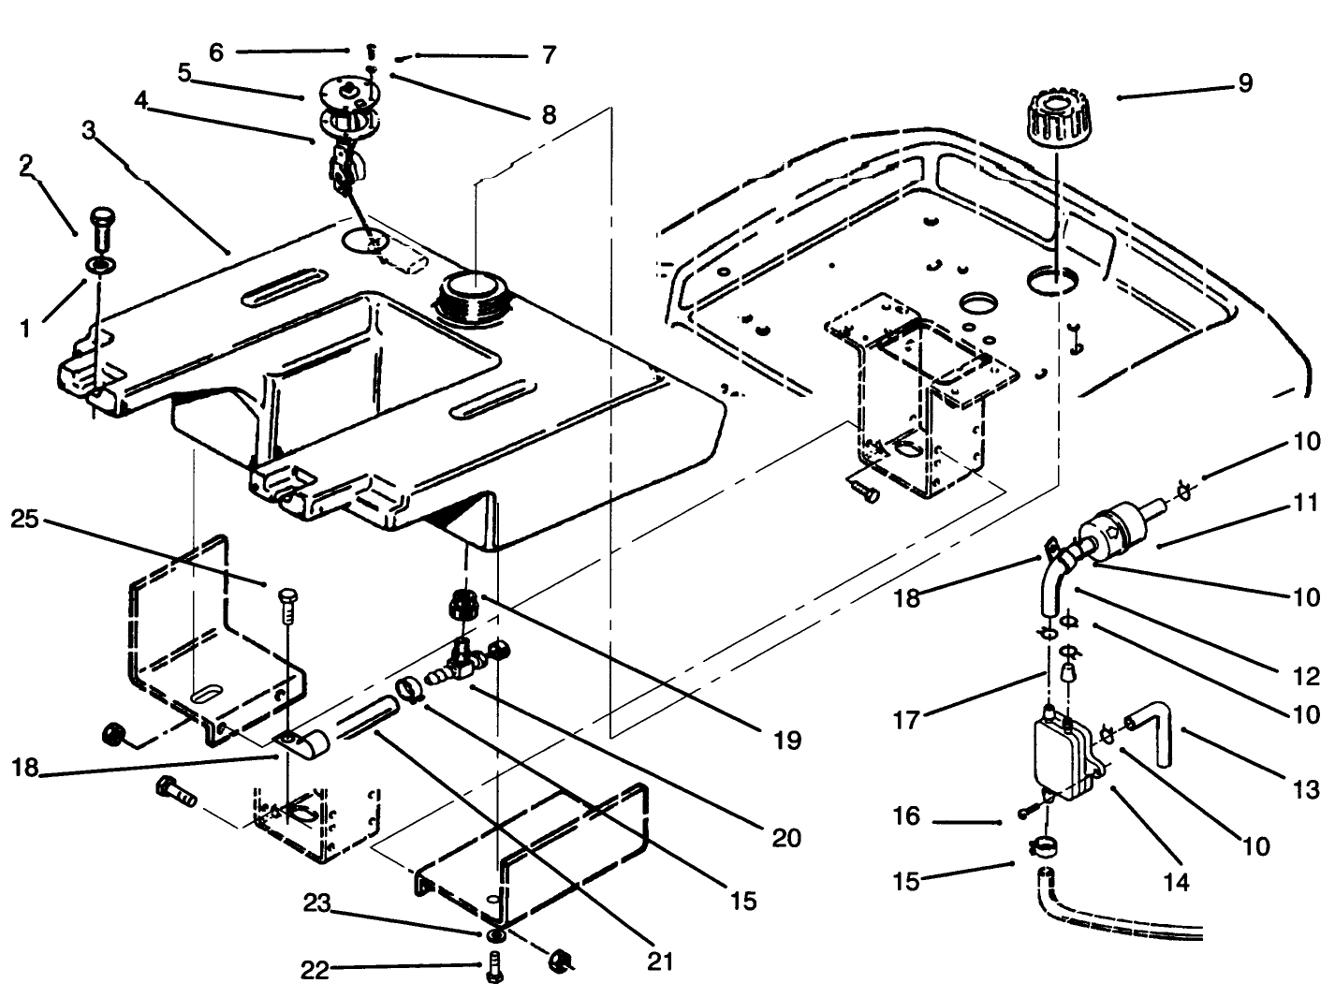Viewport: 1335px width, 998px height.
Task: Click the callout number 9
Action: click(1244, 82)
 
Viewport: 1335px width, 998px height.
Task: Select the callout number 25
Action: click(25, 519)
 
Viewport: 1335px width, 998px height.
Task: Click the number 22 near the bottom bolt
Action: click(315, 971)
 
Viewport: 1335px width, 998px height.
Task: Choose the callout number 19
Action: click(787, 741)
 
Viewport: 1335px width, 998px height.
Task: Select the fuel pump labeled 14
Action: click(1063, 754)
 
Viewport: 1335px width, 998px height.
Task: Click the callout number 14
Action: click(1176, 881)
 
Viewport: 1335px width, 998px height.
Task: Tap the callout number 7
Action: click(549, 55)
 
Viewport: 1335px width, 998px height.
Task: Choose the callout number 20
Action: click(786, 837)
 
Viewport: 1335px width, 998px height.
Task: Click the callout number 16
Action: click(906, 816)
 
